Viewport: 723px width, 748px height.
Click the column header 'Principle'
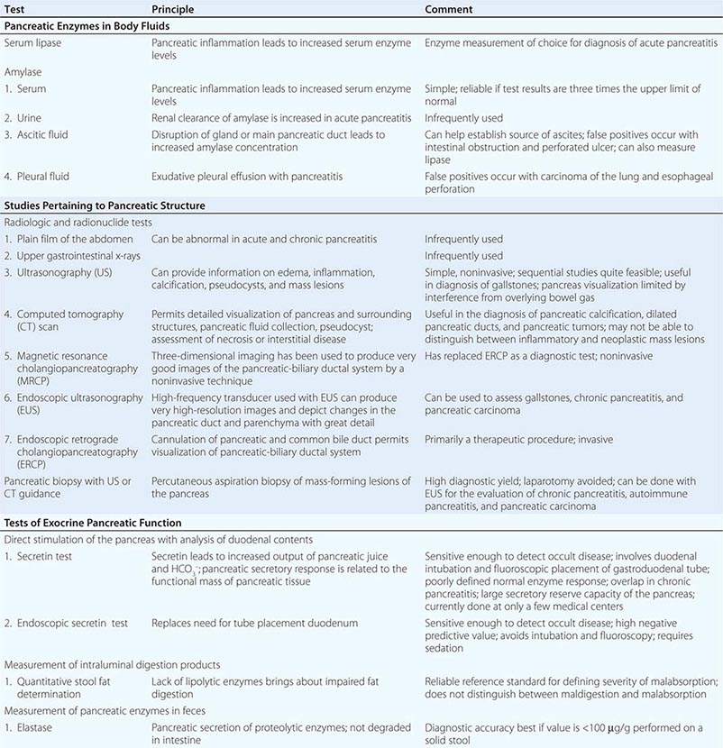coord(172,10)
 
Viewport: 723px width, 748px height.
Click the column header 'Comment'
coord(448,10)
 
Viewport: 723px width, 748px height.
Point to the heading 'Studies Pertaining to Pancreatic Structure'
coord(104,205)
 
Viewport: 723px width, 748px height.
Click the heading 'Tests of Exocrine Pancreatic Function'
coord(93,523)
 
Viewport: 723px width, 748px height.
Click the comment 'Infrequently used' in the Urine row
coord(463,118)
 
